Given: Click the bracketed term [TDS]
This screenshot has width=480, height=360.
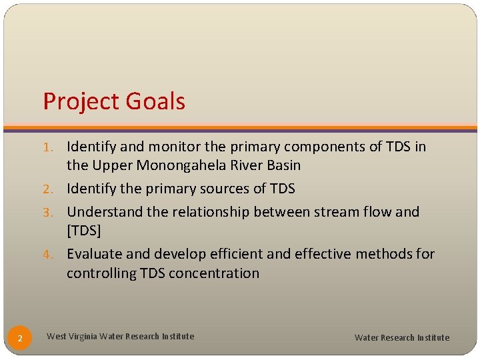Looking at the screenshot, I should [83, 231].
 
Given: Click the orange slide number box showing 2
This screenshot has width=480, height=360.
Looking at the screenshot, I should [20, 339].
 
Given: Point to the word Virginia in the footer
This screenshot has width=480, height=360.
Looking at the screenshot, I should [83, 336].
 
